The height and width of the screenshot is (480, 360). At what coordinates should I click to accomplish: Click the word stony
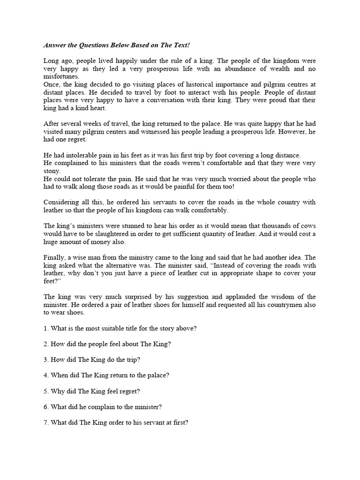click(x=52, y=171)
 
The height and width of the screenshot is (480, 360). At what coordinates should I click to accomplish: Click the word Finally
click(x=55, y=257)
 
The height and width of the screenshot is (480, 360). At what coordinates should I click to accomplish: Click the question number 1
click(x=45, y=328)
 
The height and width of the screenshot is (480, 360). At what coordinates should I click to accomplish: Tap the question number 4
click(x=45, y=375)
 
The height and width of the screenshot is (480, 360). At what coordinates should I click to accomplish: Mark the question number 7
click(x=45, y=422)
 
